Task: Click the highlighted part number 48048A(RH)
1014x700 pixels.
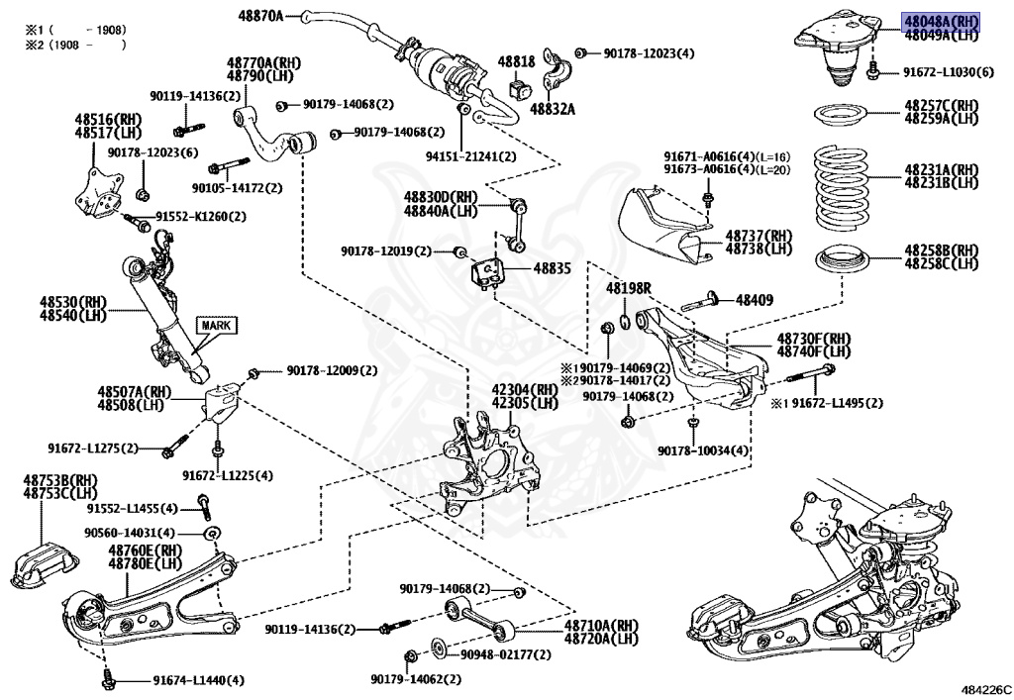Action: [941, 22]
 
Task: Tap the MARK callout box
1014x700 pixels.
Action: [216, 325]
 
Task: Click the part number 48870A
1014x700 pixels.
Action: [260, 16]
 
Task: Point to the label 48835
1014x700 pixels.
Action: [552, 267]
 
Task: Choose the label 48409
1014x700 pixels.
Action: [754, 300]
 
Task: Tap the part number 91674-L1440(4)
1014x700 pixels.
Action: [198, 680]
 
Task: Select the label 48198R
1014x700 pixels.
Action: [629, 288]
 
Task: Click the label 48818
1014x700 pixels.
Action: [516, 61]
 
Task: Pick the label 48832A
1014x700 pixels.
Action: [553, 109]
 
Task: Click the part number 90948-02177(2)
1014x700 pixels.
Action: [506, 654]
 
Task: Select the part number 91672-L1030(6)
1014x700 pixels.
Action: [949, 71]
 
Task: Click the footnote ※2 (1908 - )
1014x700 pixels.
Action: [75, 45]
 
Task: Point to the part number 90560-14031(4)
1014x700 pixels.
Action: [130, 533]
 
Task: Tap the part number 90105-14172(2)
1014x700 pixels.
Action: [238, 188]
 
